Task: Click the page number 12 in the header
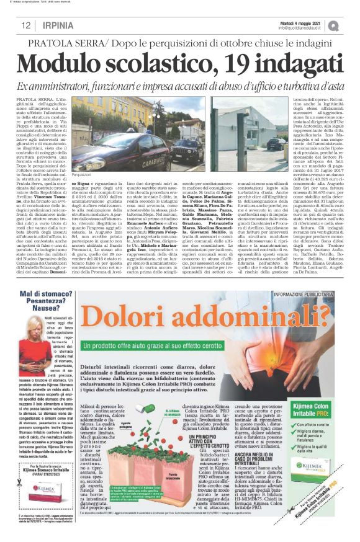point(26,25)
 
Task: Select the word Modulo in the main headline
point(60,62)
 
